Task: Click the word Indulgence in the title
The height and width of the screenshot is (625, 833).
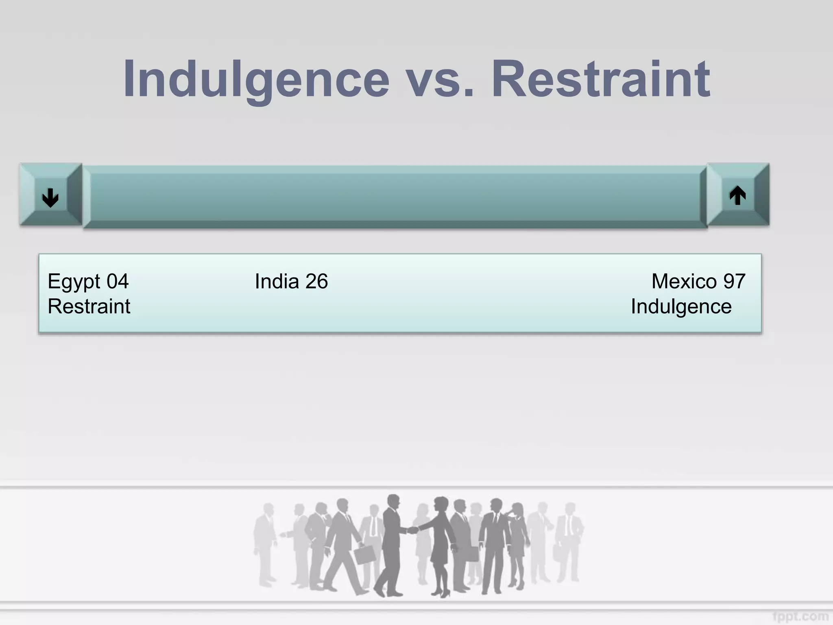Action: coord(256,79)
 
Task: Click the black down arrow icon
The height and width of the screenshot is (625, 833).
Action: coord(50,198)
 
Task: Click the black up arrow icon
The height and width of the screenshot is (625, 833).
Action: coord(737,195)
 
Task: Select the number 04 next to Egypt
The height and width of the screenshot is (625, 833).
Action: coord(118,281)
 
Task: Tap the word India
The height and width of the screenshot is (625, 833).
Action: coord(277,281)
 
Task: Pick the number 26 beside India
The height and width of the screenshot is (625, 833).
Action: coord(316,281)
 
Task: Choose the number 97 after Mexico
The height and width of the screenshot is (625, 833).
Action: coord(734,281)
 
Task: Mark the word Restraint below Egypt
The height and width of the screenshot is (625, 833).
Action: coord(89,306)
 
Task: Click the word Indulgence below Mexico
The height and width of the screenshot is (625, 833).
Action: coord(681,307)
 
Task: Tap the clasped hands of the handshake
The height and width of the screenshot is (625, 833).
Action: coord(413,530)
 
